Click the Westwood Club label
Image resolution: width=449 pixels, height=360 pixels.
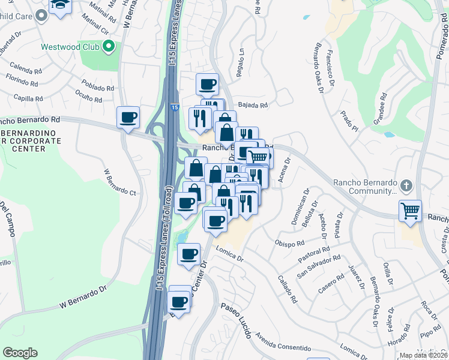click(x=70, y=47)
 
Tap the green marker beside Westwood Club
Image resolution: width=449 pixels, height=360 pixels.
click(x=109, y=46)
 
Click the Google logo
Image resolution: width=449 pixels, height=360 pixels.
click(x=20, y=353)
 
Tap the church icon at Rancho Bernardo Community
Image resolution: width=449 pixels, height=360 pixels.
click(x=406, y=185)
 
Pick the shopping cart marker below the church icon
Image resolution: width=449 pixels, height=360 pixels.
click(x=411, y=211)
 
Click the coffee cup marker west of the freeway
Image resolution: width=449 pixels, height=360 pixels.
click(x=128, y=117)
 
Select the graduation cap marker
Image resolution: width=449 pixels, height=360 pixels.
click(x=59, y=6)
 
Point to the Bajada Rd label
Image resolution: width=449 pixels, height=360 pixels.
click(x=253, y=105)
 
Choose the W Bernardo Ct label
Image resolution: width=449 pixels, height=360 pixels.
click(x=121, y=182)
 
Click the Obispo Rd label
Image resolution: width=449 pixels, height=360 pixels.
click(x=289, y=244)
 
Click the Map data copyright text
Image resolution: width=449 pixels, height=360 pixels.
click(x=424, y=355)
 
